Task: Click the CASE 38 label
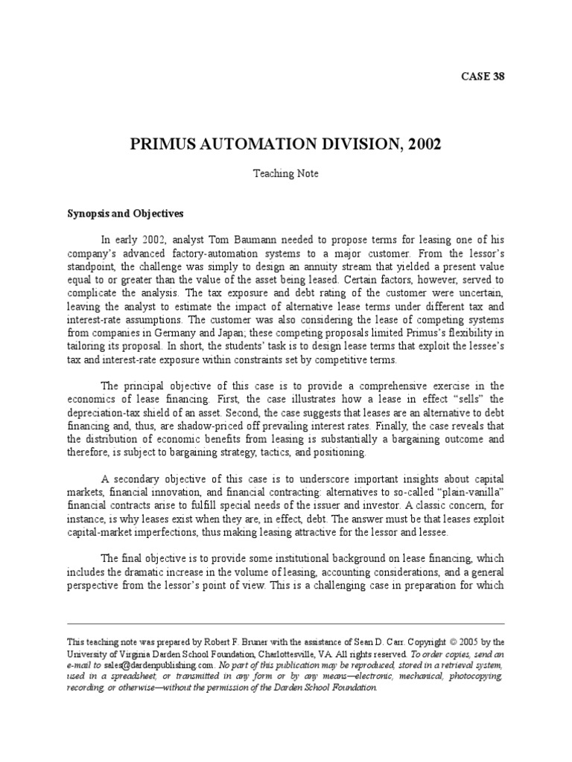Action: (483, 76)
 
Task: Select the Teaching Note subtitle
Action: (286, 173)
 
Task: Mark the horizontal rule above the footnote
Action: (286, 624)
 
